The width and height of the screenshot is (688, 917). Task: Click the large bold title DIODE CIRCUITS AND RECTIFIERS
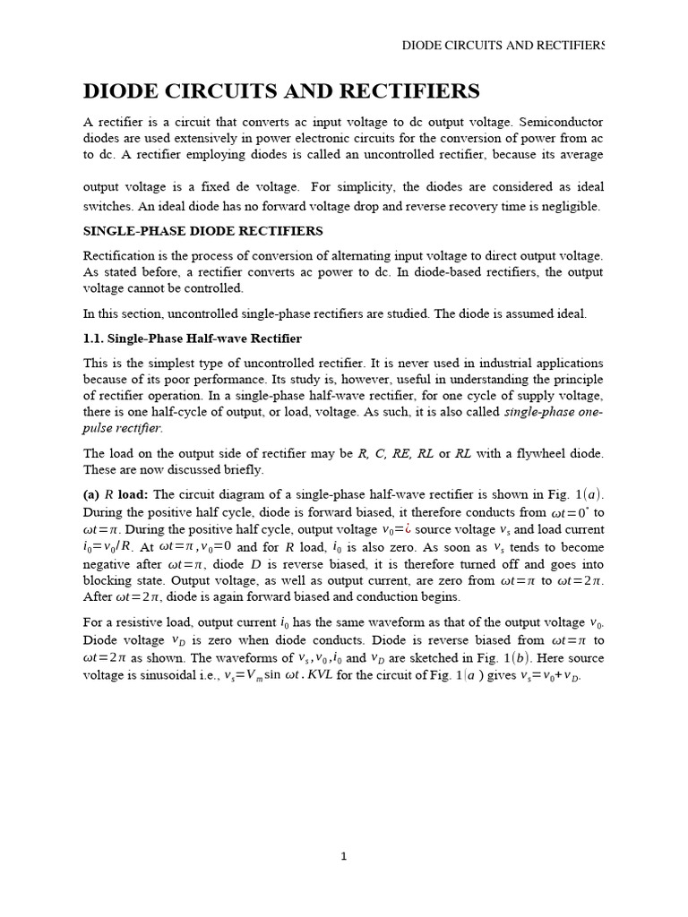tap(281, 91)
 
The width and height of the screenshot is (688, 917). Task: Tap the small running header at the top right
tap(503, 45)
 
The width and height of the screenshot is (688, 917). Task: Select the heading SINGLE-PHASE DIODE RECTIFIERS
tap(203, 231)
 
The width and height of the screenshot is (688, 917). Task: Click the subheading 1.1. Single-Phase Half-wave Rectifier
tap(193, 339)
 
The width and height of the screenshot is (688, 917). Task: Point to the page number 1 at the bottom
tap(344, 857)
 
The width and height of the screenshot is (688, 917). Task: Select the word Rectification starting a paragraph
tap(119, 256)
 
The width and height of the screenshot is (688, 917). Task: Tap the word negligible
tap(570, 206)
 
